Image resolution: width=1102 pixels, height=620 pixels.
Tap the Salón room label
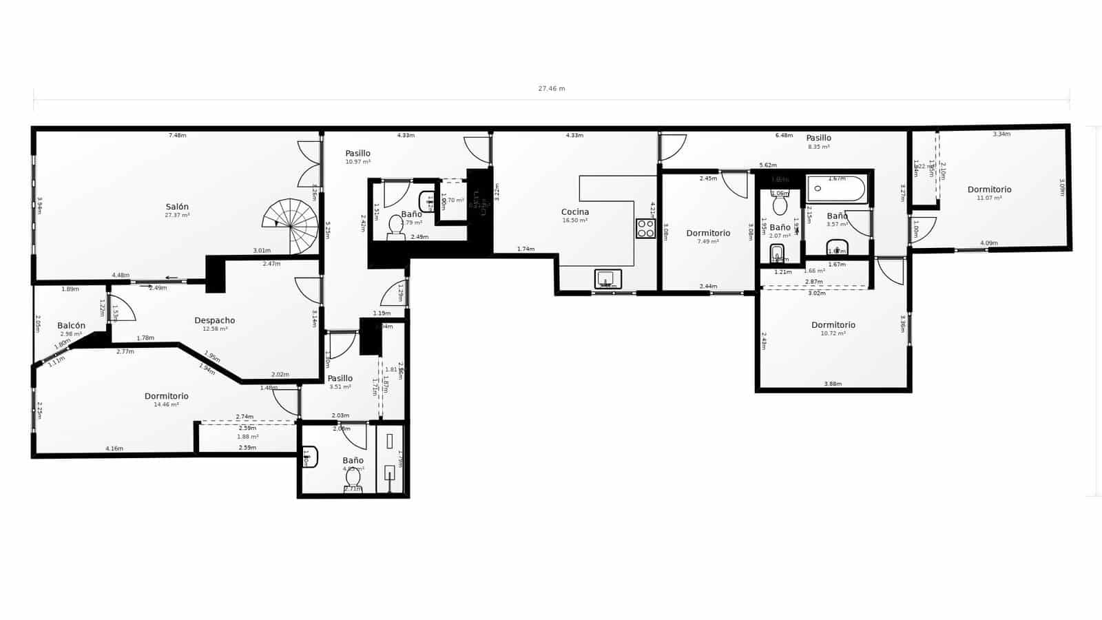[177, 207]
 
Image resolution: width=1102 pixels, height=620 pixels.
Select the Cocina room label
[575, 212]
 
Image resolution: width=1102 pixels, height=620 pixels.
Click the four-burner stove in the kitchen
[645, 229]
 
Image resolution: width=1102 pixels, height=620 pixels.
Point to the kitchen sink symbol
[607, 279]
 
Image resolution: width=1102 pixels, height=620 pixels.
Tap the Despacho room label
[214, 320]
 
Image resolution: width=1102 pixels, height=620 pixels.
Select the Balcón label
[72, 326]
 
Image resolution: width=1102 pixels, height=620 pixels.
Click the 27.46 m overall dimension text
[551, 89]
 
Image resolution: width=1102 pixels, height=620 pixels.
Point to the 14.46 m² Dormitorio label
[167, 397]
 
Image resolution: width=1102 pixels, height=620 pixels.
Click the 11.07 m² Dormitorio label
[989, 190]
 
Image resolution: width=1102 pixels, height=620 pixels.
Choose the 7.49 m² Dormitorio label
[708, 234]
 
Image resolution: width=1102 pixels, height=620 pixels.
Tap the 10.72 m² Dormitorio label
[833, 325]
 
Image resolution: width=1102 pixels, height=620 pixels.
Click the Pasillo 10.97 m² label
[357, 154]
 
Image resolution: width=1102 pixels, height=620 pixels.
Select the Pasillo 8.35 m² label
[818, 138]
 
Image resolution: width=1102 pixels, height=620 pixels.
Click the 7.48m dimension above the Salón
[177, 136]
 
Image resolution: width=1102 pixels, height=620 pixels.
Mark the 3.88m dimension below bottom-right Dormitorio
[833, 384]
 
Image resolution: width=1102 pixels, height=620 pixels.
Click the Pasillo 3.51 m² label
[340, 379]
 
